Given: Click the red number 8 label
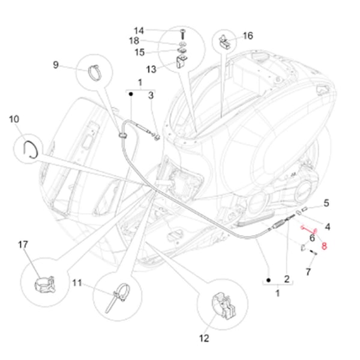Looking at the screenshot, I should click(324, 245).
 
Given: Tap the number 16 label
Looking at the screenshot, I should click(248, 36).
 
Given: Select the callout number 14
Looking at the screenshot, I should click(139, 31).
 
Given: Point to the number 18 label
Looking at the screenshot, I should click(134, 41).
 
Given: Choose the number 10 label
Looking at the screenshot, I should click(14, 119).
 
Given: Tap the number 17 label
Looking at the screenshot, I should click(23, 245).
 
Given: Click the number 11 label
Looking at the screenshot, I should click(78, 283).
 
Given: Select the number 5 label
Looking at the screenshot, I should click(326, 203).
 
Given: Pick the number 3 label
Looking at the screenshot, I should click(151, 95).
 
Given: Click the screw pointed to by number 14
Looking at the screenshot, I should click(181, 31).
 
